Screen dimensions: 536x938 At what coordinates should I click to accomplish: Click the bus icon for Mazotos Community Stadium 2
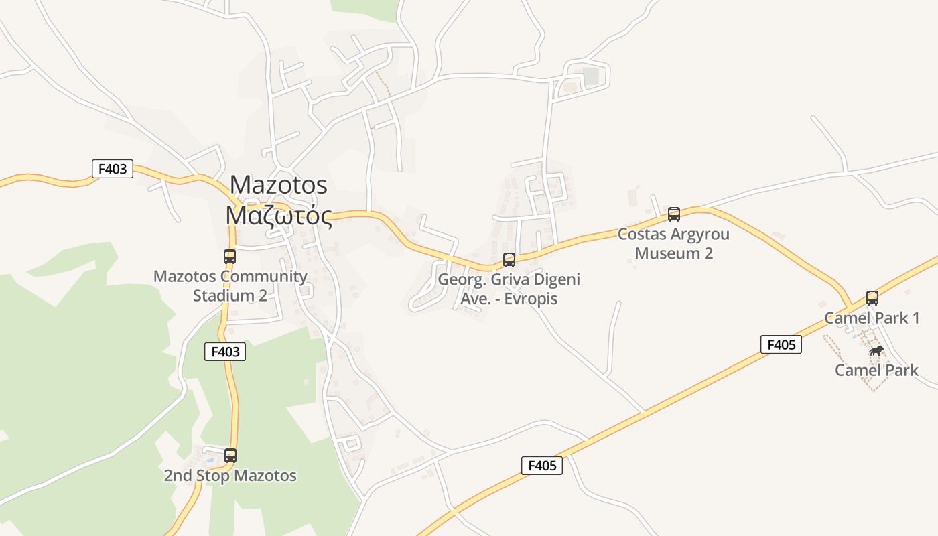[x=230, y=256]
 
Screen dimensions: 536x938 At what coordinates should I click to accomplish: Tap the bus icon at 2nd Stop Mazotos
[x=230, y=456]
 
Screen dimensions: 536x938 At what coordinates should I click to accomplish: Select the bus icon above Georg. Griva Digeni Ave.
[x=509, y=260]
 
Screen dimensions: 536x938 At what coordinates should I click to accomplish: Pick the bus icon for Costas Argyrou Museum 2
[x=674, y=214]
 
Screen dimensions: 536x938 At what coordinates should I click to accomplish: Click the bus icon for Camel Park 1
[x=872, y=298]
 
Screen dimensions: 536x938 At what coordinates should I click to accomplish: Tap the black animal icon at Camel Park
[x=876, y=351]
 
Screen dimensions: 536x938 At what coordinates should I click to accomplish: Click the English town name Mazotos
[x=279, y=184]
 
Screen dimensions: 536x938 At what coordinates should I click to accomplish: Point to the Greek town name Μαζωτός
[x=279, y=216]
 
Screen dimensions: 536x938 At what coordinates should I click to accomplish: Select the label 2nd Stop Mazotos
[x=230, y=476]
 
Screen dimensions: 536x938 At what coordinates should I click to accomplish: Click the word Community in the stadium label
[x=264, y=276]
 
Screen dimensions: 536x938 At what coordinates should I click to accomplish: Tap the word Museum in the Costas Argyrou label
[x=665, y=253]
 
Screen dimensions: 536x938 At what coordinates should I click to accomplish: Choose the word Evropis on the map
[x=530, y=298]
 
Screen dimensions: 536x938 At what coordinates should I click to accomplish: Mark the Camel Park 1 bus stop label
[x=872, y=318]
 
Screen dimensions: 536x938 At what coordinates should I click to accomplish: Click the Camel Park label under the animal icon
[x=876, y=370]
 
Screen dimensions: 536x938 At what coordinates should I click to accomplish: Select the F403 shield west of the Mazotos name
[x=113, y=169]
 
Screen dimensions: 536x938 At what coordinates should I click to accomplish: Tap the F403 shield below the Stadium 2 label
[x=225, y=352]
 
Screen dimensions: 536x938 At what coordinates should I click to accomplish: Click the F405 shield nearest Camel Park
[x=781, y=344]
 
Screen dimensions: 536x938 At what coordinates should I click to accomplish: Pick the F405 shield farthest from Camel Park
[x=542, y=465]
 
